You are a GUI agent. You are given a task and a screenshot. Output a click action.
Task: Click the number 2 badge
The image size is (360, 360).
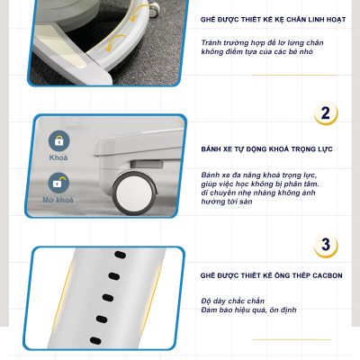tap(326, 113)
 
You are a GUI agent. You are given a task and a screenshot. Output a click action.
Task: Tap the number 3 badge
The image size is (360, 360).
tap(326, 246)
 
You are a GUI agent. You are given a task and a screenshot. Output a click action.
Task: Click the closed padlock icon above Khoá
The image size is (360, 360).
tap(58, 140)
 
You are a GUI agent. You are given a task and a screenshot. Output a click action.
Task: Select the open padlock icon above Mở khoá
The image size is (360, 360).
tap(58, 183)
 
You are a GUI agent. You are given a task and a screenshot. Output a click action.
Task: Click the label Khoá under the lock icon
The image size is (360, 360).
tap(58, 157)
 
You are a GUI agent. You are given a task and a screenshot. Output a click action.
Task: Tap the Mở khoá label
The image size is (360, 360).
tap(58, 200)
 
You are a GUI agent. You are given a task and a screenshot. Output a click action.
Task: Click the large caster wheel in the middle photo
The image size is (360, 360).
tap(134, 193)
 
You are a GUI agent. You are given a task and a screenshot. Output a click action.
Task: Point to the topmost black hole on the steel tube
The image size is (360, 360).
tap(121, 255)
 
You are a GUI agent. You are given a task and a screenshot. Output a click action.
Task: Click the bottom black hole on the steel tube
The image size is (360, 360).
tap(95, 340)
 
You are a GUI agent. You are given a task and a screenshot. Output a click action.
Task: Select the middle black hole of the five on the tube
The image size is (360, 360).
tap(108, 298)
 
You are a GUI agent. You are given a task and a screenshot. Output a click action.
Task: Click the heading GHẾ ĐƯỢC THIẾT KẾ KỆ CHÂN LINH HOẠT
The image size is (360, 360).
tap(274, 20)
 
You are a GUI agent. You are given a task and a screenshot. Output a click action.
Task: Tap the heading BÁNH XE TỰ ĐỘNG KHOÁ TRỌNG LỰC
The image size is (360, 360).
tap(267, 149)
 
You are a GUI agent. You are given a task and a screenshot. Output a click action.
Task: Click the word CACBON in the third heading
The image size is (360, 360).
tap(328, 275)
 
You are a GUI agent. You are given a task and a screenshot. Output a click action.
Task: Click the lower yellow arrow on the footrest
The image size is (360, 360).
tap(115, 42)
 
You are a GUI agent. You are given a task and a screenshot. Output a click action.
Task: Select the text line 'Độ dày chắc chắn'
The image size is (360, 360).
tap(233, 301)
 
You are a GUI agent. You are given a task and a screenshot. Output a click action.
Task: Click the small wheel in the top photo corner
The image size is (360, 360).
tap(153, 10)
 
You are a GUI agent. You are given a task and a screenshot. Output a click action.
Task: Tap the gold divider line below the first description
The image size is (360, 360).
tap(294, 75)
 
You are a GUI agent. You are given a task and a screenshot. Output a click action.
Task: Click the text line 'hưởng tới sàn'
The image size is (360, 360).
tap(227, 202)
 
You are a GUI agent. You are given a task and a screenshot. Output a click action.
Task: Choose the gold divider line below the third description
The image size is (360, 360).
tap(292, 339)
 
